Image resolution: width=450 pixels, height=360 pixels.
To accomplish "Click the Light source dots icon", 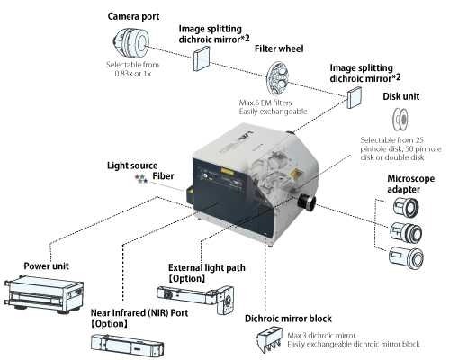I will point(140,179).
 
